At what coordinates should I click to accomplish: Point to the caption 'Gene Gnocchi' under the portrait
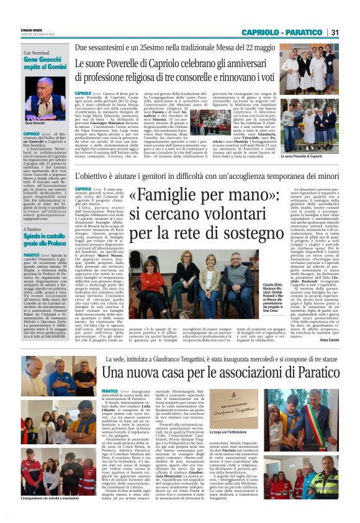point(36,124)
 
